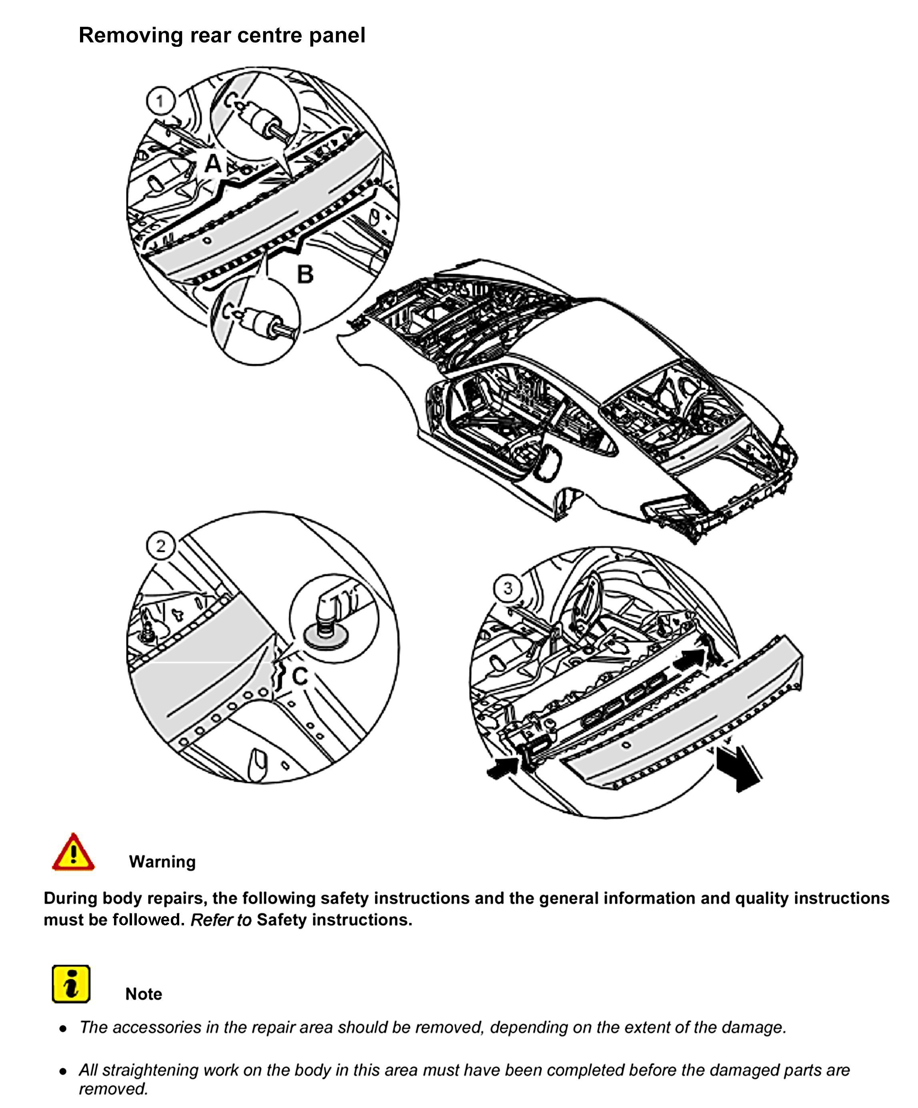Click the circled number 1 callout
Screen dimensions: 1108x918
[x=160, y=100]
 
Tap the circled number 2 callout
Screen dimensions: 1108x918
[x=160, y=546]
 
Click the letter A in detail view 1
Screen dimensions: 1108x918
[x=213, y=163]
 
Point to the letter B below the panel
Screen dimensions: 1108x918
[x=305, y=274]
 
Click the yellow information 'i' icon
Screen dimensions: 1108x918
[x=71, y=984]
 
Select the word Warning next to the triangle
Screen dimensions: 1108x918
[x=162, y=862]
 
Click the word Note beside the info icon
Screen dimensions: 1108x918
[x=144, y=994]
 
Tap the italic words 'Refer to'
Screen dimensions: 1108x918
[x=221, y=920]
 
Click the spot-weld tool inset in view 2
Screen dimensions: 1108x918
[x=334, y=617]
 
